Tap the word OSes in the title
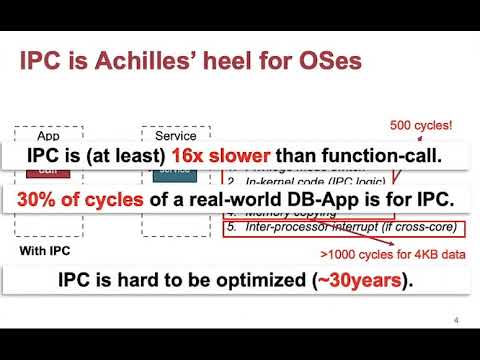[x=325, y=63]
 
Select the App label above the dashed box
[x=48, y=135]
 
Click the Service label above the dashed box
[x=175, y=135]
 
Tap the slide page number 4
[x=455, y=322]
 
